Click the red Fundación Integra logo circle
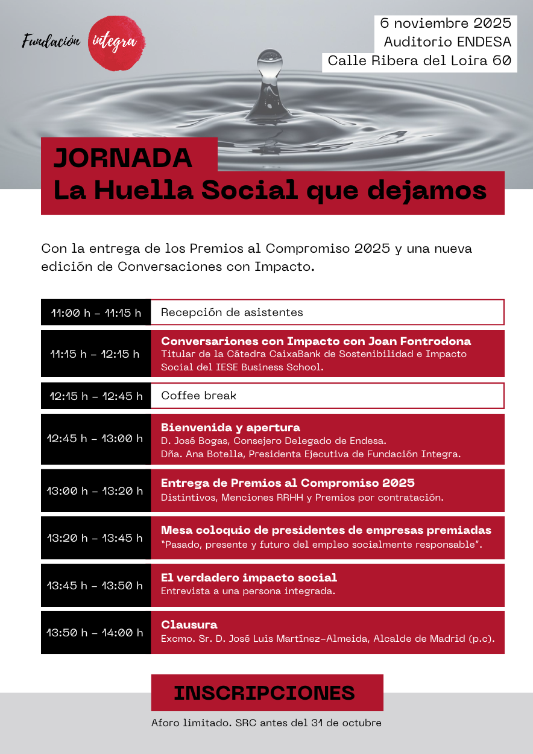pyautogui.click(x=116, y=43)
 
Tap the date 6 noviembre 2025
pyautogui.click(x=446, y=24)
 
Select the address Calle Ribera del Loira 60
pyautogui.click(x=419, y=61)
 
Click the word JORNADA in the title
pyautogui.click(x=123, y=158)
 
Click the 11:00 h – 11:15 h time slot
pyautogui.click(x=96, y=312)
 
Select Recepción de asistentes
pyautogui.click(x=232, y=312)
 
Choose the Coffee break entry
pyautogui.click(x=199, y=396)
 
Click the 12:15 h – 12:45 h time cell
pyautogui.click(x=96, y=396)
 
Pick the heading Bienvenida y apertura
pyautogui.click(x=230, y=428)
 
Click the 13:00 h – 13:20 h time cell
pyautogui.click(x=96, y=490)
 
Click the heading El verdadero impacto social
pyautogui.click(x=248, y=578)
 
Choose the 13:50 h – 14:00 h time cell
pyautogui.click(x=96, y=632)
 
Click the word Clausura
pyautogui.click(x=189, y=625)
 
